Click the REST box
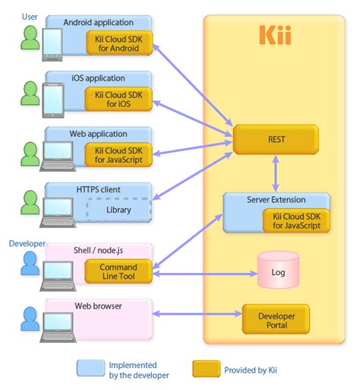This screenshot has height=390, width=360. pyautogui.click(x=275, y=140)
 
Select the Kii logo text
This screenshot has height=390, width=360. pyautogui.click(x=275, y=36)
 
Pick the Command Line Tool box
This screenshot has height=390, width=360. pyautogui.click(x=118, y=272)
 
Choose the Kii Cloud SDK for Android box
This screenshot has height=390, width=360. pyautogui.click(x=118, y=43)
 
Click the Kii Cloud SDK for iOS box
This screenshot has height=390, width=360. pyautogui.click(x=118, y=99)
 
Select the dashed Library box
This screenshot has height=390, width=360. pyautogui.click(x=118, y=209)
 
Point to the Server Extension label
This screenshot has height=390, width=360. pyautogui.click(x=276, y=199)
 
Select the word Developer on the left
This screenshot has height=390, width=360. pyautogui.click(x=27, y=243)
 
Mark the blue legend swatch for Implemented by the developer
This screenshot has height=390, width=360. pyautogui.click(x=90, y=369)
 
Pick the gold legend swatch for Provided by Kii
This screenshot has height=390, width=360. pyautogui.click(x=206, y=369)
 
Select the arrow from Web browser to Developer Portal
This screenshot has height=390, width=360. pyautogui.click(x=197, y=312)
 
